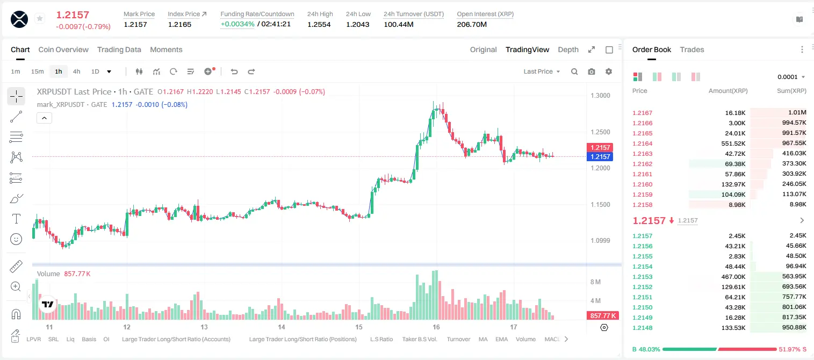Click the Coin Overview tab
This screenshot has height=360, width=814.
click(63, 49)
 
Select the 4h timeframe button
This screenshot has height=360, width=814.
click(76, 71)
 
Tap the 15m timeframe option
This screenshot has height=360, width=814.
click(38, 71)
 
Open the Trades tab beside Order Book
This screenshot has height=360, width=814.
click(692, 49)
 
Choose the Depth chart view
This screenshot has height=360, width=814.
click(568, 49)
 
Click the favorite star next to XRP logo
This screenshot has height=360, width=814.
click(40, 18)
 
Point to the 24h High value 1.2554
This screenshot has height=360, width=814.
click(319, 24)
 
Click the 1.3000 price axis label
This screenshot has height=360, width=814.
click(600, 96)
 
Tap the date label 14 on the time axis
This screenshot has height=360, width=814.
click(281, 327)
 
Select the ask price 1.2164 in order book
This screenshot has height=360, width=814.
click(643, 143)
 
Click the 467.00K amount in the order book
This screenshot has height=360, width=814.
click(733, 277)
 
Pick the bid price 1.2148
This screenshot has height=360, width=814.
click(643, 328)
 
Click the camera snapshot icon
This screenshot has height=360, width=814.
click(592, 71)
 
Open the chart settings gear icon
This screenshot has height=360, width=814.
click(609, 71)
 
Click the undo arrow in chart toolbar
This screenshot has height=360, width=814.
click(234, 71)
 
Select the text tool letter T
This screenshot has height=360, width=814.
click(16, 219)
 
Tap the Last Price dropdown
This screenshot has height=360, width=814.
click(542, 71)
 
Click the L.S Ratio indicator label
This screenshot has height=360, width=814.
click(381, 339)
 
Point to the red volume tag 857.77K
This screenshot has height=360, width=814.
click(603, 316)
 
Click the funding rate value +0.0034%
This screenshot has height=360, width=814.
click(237, 24)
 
